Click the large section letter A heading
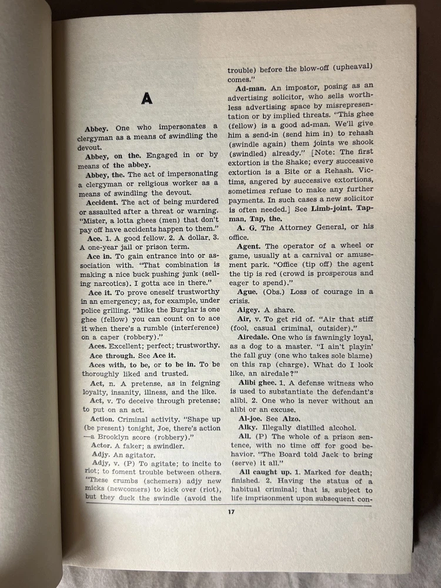(x=146, y=99)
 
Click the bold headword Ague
(x=248, y=292)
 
